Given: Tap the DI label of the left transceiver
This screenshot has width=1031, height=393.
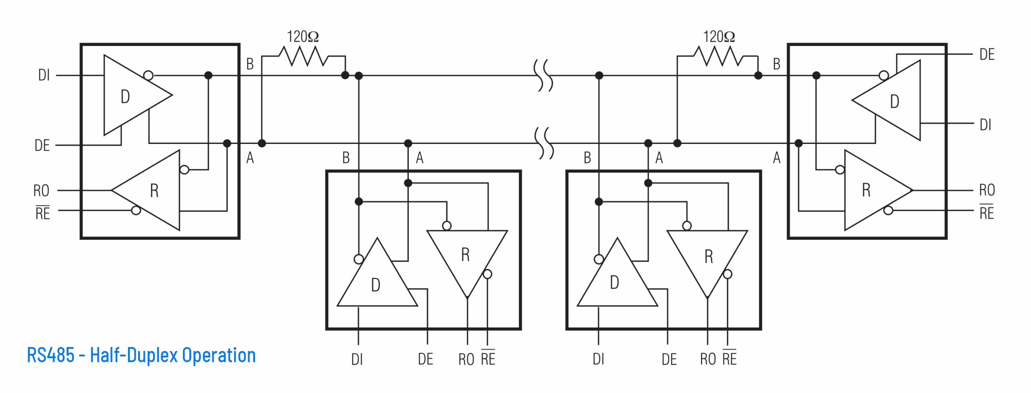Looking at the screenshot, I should [44, 75].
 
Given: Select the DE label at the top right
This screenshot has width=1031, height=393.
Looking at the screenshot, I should [987, 55].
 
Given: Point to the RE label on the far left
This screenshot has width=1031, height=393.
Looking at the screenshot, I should [43, 213].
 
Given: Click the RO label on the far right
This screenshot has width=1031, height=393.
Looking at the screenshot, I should [987, 190].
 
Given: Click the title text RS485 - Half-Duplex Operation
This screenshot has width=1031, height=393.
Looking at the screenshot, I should [141, 355].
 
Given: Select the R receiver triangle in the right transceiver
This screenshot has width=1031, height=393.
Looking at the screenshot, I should [870, 190].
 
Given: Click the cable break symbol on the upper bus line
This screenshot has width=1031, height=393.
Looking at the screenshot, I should [543, 75].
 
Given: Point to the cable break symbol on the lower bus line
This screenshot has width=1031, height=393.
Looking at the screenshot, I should [544, 143].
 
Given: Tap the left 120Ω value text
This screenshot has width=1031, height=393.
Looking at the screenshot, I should [302, 37].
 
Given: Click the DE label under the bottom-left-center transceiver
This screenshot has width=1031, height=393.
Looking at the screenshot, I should [425, 359].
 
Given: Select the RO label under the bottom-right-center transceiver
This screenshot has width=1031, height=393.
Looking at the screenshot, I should [708, 359].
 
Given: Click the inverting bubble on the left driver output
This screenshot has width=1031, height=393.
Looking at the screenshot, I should [148, 75].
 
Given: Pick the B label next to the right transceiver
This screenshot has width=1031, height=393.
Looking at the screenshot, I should [776, 64].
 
